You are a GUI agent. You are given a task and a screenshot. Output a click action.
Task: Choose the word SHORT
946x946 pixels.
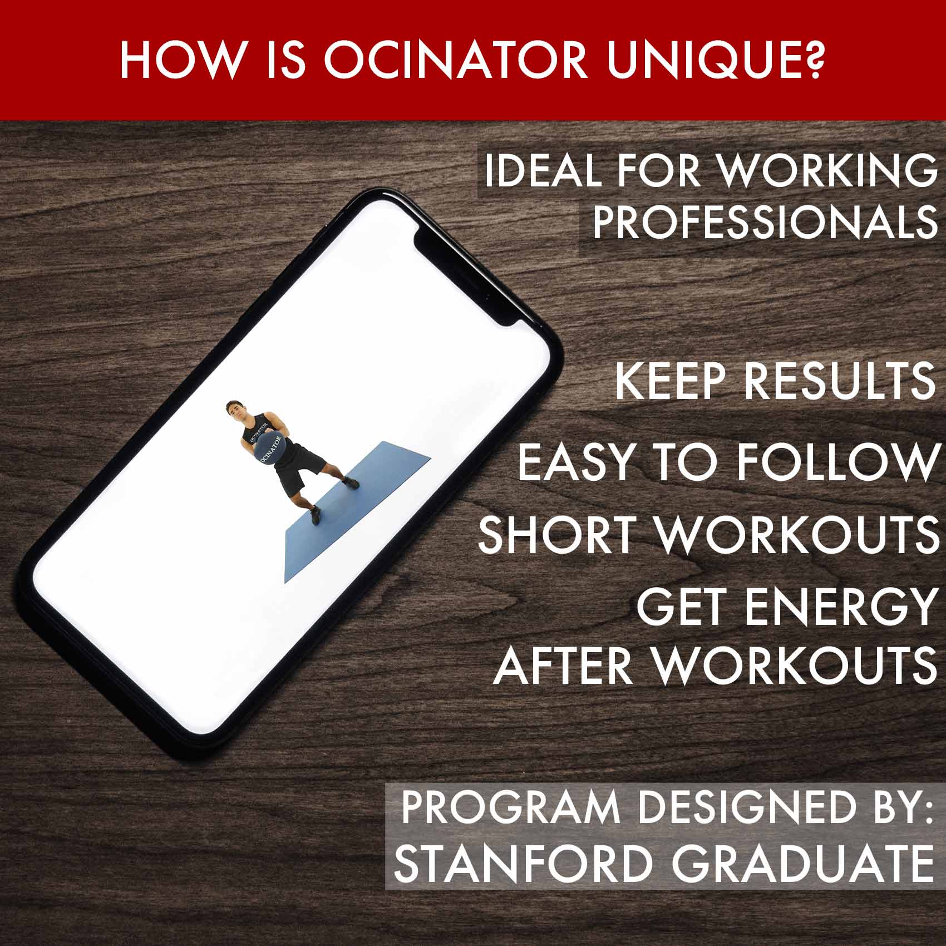tap(557, 534)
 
